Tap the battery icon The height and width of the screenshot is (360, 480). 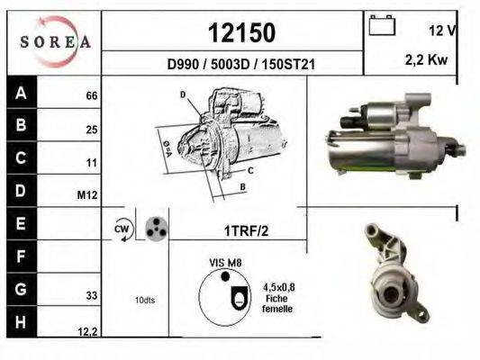pos(383,25)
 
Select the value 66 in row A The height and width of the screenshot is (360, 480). pos(91,95)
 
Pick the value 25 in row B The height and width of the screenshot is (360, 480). pos(91,130)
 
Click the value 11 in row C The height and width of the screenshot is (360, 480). pos(91,164)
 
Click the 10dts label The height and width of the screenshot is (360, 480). pos(144,300)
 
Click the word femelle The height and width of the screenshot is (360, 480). pos(276,308)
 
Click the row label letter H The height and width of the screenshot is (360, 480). pos(20,322)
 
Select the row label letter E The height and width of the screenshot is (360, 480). pos(20,222)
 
